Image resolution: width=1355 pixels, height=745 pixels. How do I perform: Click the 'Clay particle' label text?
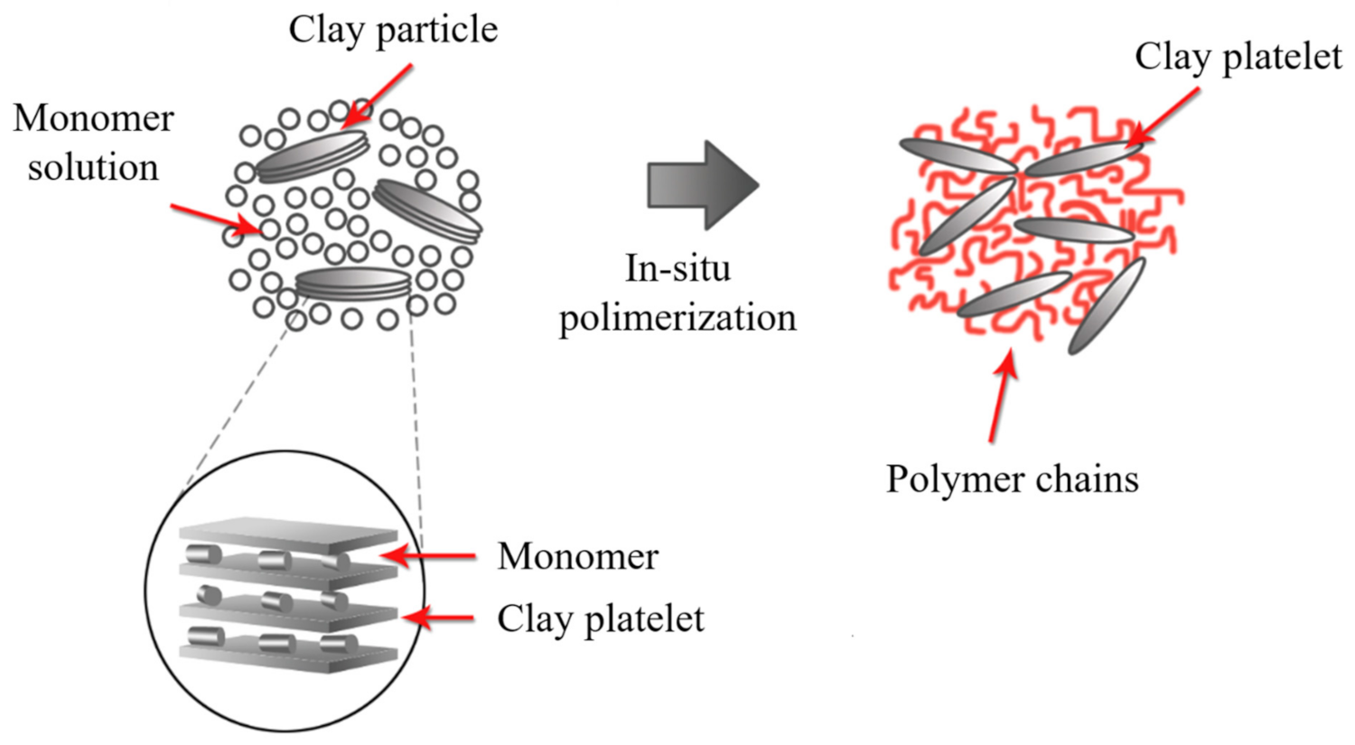[393, 30]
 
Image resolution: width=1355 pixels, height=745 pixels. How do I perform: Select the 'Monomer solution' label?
[93, 143]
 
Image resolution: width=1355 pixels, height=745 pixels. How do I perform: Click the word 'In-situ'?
[677, 268]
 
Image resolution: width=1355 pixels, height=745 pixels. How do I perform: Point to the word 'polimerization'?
[677, 318]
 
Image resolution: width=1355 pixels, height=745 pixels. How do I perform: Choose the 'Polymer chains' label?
[1012, 479]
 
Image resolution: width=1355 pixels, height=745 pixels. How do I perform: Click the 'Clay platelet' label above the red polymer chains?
[1238, 57]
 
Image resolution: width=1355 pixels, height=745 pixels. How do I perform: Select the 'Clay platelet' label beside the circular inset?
[600, 619]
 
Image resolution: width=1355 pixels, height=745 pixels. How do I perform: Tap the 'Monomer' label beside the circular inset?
[577, 556]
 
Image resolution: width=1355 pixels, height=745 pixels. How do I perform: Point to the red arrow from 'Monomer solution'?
[217, 219]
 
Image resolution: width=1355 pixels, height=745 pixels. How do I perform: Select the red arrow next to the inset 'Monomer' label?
[429, 556]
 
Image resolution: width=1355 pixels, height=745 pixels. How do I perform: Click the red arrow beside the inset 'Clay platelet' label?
[438, 619]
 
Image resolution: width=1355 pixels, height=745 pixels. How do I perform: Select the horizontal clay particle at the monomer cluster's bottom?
[353, 283]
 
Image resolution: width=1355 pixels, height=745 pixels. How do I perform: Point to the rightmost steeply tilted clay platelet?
[1107, 306]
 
